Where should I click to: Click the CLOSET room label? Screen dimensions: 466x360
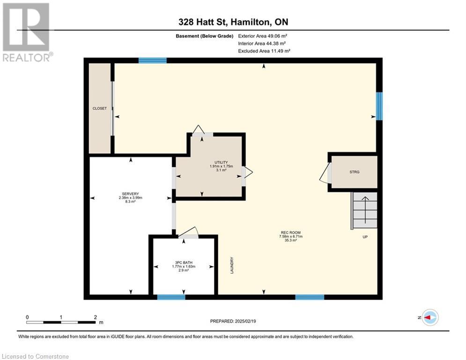pos(100,108)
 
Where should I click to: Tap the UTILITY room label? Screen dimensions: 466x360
pos(221,163)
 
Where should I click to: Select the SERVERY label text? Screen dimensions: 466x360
pos(130,194)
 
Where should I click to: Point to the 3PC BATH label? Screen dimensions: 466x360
pos(184,262)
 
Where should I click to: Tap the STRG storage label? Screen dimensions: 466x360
pos(354,172)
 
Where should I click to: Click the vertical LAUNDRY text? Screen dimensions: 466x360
pos(232,265)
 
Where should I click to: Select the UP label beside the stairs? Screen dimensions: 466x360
pos(365,237)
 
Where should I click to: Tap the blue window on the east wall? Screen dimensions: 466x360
pos(379,106)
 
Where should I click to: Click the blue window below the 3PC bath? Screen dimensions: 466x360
pos(171,297)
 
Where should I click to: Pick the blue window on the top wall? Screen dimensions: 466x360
pos(153,60)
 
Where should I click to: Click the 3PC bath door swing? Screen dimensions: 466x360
pos(188,232)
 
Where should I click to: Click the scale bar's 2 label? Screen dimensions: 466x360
pos(96,317)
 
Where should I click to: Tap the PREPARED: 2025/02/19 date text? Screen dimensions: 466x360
pos(233,321)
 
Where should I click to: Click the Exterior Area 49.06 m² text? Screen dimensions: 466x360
pos(262,36)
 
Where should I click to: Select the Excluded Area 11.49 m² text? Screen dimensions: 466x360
pos(264,51)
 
